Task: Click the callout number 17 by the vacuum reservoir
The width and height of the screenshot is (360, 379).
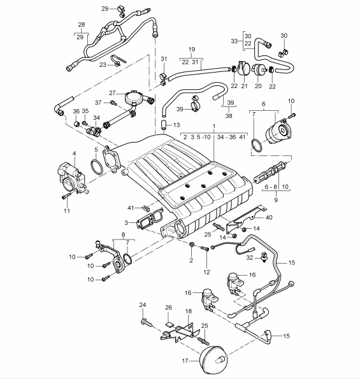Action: click(185, 361)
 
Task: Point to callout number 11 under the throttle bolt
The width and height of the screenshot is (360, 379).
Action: click(67, 211)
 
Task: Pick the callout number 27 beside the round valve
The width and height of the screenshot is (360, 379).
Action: click(112, 93)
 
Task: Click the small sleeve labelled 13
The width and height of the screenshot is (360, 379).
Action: click(164, 125)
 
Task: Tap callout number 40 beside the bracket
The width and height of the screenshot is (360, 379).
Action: click(269, 217)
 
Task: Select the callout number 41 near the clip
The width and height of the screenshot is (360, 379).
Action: click(131, 208)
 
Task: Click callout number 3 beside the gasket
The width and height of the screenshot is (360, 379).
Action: click(126, 222)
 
